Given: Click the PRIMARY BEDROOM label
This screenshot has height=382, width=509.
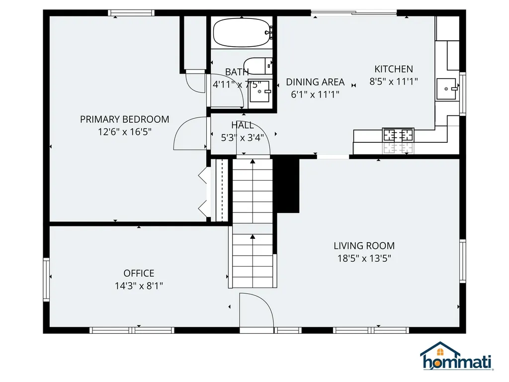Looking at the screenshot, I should (x=124, y=119).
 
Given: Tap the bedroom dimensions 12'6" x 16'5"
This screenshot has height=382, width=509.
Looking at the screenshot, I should (x=124, y=132).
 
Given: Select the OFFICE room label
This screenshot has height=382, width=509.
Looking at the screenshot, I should (x=139, y=273).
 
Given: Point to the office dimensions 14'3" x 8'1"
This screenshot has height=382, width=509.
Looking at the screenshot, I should (x=139, y=286).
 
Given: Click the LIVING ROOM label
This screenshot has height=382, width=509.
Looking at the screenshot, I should (x=364, y=246).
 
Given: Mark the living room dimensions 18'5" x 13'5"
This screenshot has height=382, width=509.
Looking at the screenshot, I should (x=364, y=258).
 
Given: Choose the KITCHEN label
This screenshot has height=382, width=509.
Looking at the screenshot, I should (x=394, y=69).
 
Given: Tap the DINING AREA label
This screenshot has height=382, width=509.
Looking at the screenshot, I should (x=315, y=82).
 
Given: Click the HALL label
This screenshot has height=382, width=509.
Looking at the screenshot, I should (x=242, y=125).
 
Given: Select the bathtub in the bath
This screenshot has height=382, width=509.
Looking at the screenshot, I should (x=243, y=32).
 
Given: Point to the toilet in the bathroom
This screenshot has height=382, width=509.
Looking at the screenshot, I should (x=258, y=66).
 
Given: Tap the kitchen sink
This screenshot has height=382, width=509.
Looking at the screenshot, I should (x=446, y=89).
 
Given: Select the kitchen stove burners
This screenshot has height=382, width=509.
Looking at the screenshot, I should (x=398, y=135).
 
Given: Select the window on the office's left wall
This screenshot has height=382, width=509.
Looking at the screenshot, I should (x=46, y=280).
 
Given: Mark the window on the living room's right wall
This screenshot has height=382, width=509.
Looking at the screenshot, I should (x=462, y=261).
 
